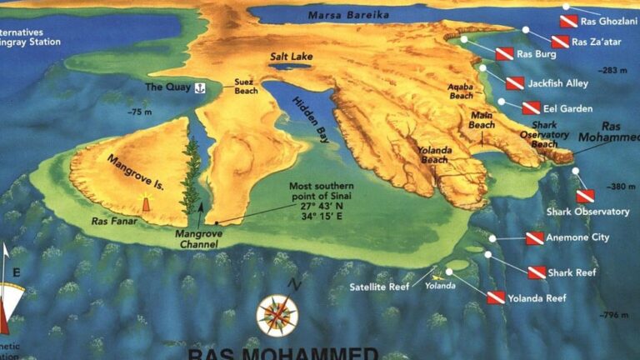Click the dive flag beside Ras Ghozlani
pos(568,20)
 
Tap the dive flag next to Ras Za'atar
pos(560,41)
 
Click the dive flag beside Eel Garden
pos(532,107)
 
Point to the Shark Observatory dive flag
pos(586,196)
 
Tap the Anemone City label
pos(578,238)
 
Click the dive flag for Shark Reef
pos(537,272)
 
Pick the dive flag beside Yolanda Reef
pos(496,297)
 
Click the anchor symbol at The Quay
pos(199,87)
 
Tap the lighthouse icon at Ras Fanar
pos(147,203)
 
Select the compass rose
pos(277,315)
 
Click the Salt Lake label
pos(291,57)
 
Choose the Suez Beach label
pos(246,87)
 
